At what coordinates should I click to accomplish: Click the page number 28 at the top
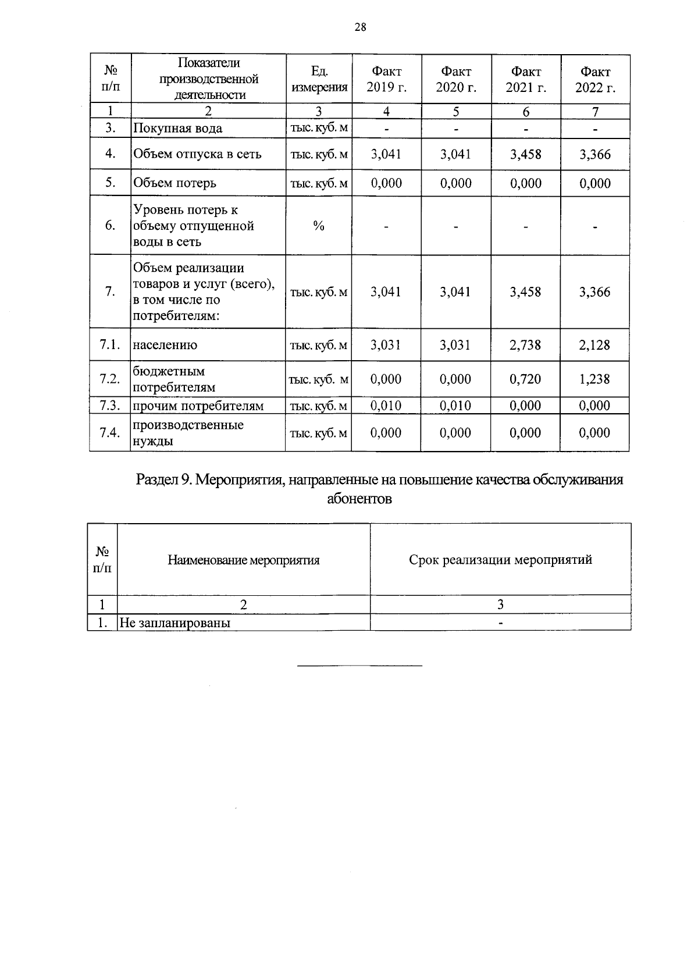pos(360,27)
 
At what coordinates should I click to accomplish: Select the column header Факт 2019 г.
pos(386,80)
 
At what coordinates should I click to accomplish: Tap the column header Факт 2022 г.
pos(595,80)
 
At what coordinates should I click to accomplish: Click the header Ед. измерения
pos(319,80)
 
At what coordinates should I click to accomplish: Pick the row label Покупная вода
pos(177,129)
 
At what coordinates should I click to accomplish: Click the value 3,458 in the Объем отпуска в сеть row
pos(525,154)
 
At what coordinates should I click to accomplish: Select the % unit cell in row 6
pos(319,226)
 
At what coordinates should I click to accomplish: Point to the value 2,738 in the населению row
pos(525,345)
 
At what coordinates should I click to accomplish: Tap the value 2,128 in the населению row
pos(594,345)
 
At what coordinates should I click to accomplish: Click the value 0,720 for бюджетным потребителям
pos(525,379)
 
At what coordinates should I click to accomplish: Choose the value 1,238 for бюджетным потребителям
pos(594,379)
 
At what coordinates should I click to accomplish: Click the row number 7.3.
pos(109,406)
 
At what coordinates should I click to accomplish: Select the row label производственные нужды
pos(187,433)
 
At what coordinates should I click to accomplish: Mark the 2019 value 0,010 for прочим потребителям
pos(386,406)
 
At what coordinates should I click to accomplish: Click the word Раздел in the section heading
pos(156,480)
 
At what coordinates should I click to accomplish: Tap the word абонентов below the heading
pos(359,499)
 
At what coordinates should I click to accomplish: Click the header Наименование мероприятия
pos(244,560)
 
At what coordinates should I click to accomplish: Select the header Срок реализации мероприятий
pos(500,560)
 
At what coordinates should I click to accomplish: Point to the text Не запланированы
pos(174,623)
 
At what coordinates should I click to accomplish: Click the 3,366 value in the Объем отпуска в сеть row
pos(594,154)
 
